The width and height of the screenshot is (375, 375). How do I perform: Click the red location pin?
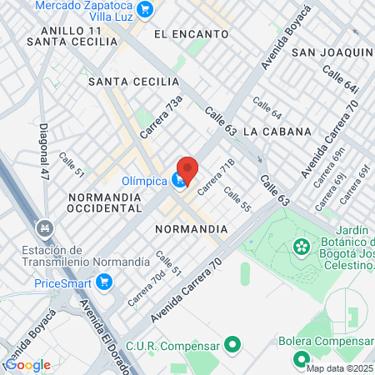187,169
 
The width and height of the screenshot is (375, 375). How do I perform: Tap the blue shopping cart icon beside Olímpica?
178,180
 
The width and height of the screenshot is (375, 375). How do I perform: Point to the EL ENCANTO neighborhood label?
192,34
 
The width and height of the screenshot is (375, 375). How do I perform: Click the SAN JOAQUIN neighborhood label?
331,52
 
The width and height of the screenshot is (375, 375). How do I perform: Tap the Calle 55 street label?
237,200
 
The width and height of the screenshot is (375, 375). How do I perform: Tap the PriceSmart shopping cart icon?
104,282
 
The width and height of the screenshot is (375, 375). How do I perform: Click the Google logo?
27,365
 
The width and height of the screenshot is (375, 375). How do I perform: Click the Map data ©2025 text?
339,369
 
